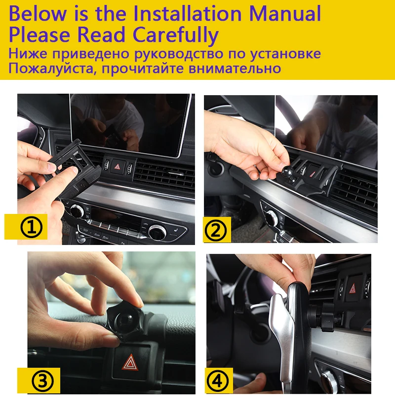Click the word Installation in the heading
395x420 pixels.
click(x=187, y=13)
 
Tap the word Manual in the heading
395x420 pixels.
click(x=285, y=13)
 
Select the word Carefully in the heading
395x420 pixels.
click(x=175, y=35)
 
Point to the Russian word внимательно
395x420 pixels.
click(x=235, y=69)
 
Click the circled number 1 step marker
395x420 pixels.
click(x=32, y=227)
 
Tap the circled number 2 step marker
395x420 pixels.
click(x=216, y=230)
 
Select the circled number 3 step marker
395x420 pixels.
click(x=43, y=381)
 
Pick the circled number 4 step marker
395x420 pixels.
click(x=218, y=381)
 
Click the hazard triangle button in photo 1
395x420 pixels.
click(x=118, y=167)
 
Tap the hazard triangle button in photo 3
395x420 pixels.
click(x=130, y=362)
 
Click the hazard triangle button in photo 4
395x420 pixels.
click(x=353, y=288)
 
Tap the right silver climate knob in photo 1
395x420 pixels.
click(x=158, y=232)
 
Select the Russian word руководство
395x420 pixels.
click(x=178, y=54)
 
